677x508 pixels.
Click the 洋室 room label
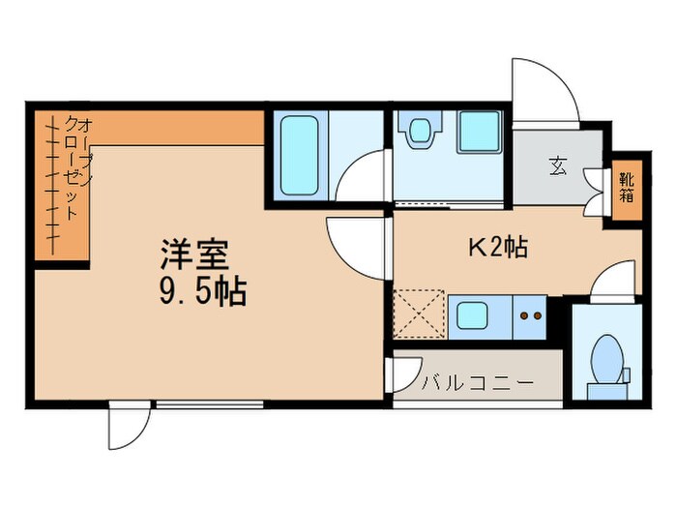coord(194,255)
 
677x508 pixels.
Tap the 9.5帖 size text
coord(202,290)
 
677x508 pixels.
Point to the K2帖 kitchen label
coord(497,248)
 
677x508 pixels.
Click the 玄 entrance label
coord(559,165)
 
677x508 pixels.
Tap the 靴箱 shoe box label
coord(626,186)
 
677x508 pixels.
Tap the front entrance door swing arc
coord(542,90)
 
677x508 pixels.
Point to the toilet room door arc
coord(612,283)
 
